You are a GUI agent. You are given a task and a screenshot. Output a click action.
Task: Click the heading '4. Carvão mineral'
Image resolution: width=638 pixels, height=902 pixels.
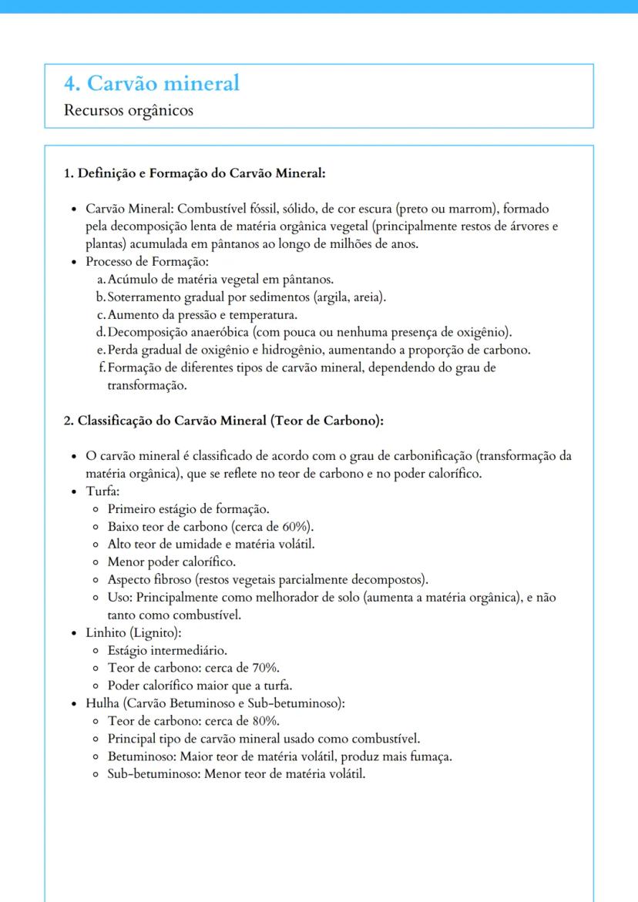152,82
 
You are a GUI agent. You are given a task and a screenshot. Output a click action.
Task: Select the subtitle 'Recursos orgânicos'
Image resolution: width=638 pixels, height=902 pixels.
129,110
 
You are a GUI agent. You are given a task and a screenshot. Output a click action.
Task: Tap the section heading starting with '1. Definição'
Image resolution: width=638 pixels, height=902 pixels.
195,173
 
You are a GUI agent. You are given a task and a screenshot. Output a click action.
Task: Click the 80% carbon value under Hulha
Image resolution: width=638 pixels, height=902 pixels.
264,721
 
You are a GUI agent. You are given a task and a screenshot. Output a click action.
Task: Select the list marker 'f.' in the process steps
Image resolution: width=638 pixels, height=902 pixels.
102,367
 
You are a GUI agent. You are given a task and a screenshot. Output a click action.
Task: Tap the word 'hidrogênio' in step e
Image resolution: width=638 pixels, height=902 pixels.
293,350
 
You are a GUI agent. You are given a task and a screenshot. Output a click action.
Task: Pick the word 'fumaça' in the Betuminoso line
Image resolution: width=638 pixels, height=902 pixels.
431,756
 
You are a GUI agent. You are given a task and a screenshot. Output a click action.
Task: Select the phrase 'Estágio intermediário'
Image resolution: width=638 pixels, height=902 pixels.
167,650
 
